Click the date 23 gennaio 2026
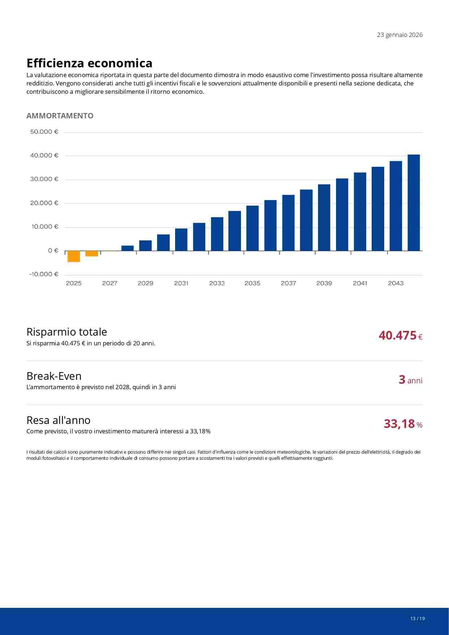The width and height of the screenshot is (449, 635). pos(399,35)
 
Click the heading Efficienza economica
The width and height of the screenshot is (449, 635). pos(89,63)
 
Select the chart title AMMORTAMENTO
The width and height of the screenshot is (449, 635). pos(60,115)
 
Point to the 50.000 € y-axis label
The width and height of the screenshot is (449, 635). pos(44,132)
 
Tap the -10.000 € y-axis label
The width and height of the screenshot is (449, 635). pos(44,274)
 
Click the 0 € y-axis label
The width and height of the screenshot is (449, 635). pos(53,251)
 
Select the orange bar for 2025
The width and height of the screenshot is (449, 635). pos(74,256)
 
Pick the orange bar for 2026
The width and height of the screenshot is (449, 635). pos(92,253)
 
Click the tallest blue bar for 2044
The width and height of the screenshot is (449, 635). pos(414,203)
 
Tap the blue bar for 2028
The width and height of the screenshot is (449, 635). pos(127,248)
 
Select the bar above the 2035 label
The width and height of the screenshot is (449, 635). pos(253,228)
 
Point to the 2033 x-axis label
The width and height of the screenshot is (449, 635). pos(217,283)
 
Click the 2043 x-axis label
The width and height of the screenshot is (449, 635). pos(395,283)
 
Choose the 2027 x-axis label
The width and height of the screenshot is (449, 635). pos(110,283)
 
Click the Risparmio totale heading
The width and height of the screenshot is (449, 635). pos(67,332)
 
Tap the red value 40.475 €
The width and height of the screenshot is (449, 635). pos(400,336)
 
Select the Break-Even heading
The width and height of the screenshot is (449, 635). pos(54,376)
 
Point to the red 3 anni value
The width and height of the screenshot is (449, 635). pos(410,380)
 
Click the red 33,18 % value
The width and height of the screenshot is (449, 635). pos(403,424)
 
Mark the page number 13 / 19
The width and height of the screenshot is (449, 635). pos(418,618)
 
